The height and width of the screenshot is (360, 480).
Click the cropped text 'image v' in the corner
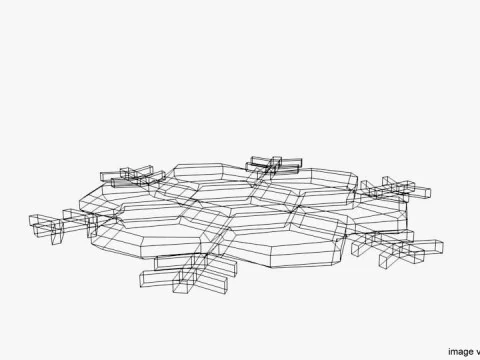pos(462,351)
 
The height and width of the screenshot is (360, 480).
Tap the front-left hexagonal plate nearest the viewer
pos(165,235)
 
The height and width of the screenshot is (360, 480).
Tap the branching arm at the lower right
pos(395,245)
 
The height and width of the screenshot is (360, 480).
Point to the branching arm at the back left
pos(135,176)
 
